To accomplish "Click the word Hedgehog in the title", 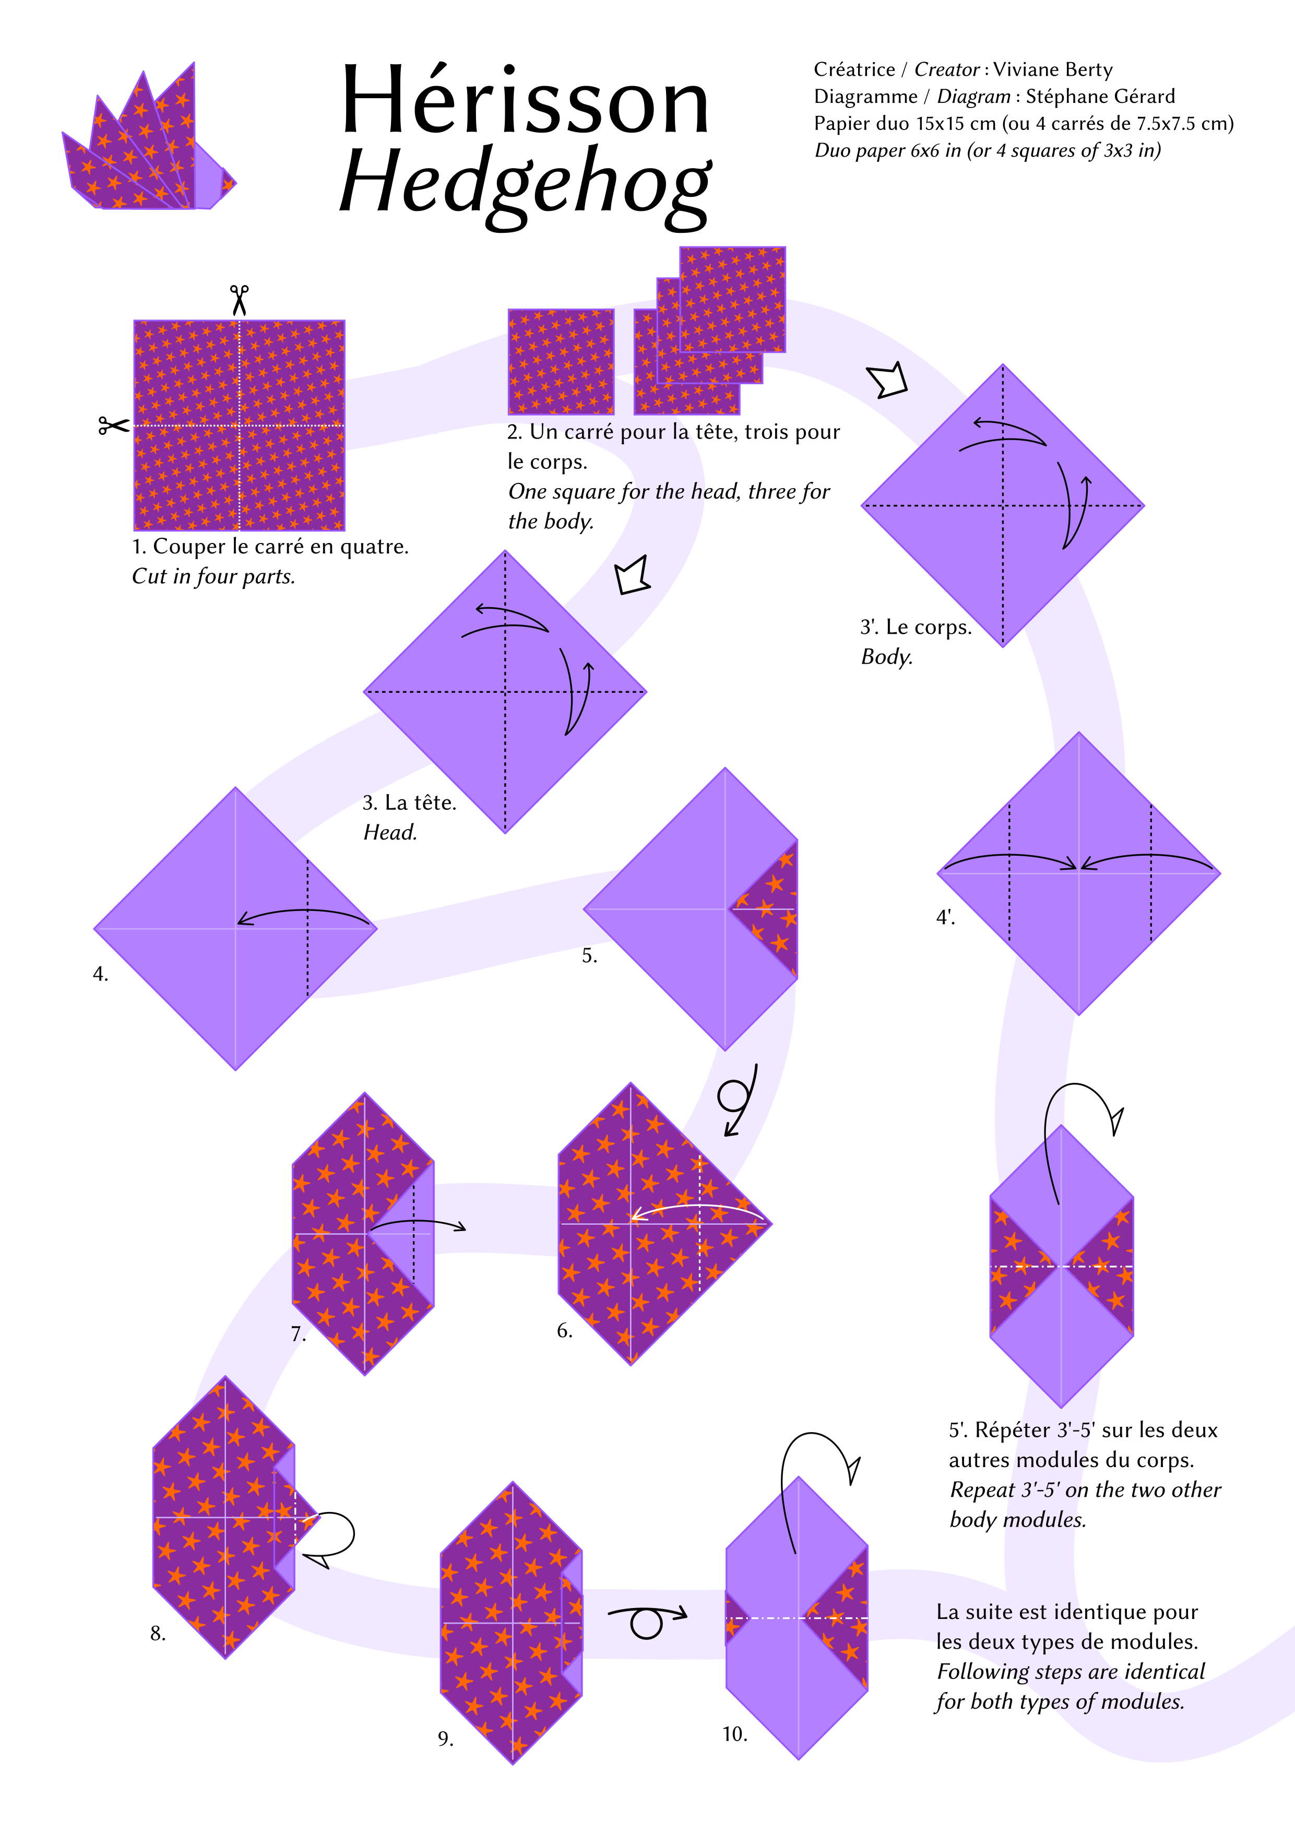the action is coord(525,185).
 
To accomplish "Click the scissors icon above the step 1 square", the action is coord(240,301).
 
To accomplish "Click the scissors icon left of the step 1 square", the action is coord(113,426).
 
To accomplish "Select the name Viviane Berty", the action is coord(1052,70).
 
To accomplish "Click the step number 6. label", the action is coord(565,1330).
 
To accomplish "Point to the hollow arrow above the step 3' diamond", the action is coord(887,379).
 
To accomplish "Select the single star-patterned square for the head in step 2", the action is coord(561,361).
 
